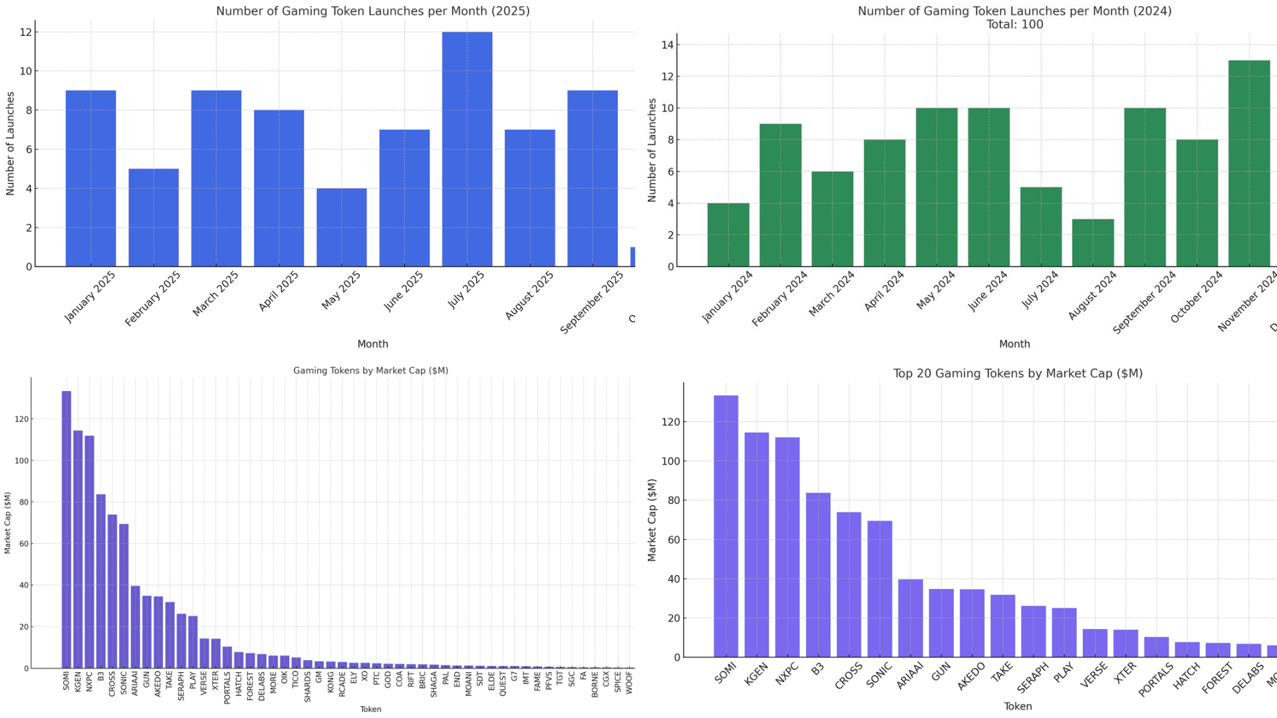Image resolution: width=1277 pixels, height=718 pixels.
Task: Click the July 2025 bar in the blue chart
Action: tap(467, 150)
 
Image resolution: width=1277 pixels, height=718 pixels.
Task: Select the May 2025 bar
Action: tap(341, 227)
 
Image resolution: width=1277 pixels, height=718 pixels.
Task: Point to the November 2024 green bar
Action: tap(1249, 164)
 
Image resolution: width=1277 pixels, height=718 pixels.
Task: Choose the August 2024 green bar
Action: tap(1093, 243)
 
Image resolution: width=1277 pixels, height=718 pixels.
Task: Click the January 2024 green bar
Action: tap(728, 235)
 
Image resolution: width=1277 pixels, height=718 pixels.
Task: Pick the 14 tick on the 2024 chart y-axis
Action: tap(667, 45)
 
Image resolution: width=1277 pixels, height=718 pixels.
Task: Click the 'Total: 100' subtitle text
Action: tap(1014, 25)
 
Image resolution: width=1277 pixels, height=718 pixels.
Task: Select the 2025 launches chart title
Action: tap(372, 11)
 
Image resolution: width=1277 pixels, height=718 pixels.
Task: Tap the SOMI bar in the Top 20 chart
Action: tap(726, 526)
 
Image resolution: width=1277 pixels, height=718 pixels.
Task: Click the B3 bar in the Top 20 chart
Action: tap(818, 575)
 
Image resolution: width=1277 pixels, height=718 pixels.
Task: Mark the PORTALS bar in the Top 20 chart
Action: tap(1157, 647)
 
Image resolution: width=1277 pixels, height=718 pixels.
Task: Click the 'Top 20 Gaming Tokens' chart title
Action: tap(1018, 374)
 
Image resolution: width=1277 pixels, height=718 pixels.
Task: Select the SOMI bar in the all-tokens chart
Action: tap(67, 529)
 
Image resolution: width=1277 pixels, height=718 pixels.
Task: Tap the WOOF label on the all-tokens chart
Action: tap(629, 683)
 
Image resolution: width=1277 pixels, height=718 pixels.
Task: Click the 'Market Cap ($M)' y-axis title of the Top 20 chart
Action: tap(652, 520)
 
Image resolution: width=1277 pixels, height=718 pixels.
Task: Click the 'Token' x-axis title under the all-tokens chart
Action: tap(370, 709)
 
